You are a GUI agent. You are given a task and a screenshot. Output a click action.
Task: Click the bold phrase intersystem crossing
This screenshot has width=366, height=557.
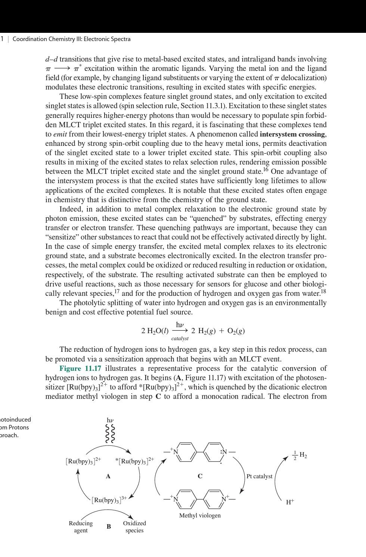pos(293,134)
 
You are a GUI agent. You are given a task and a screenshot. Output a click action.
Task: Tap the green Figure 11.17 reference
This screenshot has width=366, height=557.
pos(80,368)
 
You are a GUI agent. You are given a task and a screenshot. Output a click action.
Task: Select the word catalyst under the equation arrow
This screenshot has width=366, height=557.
pos(180,338)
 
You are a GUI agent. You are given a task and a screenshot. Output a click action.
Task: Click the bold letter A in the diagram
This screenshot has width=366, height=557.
pos(108,476)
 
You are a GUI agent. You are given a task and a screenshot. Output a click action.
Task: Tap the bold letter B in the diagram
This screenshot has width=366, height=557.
pos(109,526)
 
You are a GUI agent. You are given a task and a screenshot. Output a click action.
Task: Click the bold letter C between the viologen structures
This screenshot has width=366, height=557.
pos(200,476)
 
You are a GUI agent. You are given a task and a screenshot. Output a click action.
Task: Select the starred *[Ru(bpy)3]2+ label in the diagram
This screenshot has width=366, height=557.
pos(134,461)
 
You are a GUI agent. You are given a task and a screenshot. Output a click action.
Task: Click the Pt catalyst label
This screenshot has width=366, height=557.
pos(259,476)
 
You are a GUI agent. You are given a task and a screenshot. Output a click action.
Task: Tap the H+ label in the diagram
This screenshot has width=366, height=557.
pos(290,502)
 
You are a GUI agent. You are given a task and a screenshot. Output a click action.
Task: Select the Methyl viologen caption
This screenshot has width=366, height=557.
pos(200,515)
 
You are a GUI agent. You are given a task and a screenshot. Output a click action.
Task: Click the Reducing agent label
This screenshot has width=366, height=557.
pos(81,526)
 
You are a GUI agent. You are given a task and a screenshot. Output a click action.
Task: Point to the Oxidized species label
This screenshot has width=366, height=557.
pos(134,526)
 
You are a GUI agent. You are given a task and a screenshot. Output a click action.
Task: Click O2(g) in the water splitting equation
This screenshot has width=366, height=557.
pos(237,331)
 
